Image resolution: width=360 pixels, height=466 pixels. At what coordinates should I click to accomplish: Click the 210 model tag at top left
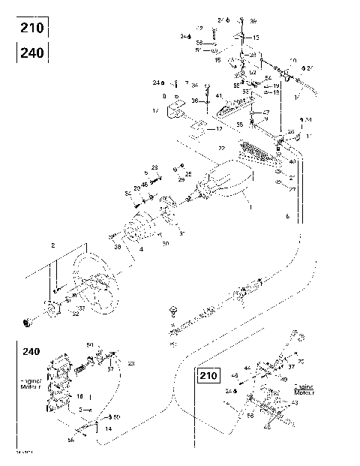[33, 29]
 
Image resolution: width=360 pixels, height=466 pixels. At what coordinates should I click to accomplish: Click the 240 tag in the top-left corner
[33, 53]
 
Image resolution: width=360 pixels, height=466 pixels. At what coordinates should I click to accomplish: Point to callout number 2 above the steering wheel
[52, 245]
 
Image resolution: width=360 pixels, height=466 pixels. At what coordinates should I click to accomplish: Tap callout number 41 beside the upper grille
[218, 96]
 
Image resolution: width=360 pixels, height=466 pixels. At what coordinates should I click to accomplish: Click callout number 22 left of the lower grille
[221, 149]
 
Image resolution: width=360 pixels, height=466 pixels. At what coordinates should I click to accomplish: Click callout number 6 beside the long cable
[288, 215]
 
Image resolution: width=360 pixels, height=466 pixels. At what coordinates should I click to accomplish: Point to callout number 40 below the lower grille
[292, 162]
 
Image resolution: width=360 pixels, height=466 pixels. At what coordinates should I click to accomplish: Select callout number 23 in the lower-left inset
[130, 364]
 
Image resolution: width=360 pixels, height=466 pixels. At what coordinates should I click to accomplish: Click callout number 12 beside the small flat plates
[218, 128]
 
